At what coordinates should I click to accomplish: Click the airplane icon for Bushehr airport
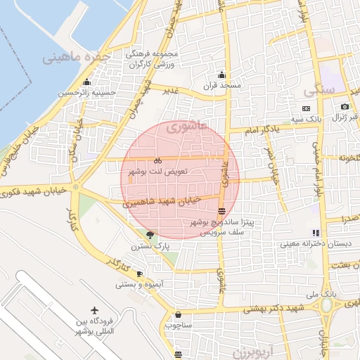95,310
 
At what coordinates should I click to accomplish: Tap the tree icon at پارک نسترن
149,235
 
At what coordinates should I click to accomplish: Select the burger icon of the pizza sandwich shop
222,210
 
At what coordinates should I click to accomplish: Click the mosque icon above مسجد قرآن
222,75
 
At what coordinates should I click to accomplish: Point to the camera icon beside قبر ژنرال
345,108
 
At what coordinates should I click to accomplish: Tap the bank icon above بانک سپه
306,108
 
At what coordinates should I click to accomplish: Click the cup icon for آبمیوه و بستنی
139,274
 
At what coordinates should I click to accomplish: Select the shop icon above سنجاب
177,314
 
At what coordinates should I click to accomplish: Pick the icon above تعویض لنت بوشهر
157,160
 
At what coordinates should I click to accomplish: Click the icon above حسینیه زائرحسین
86,82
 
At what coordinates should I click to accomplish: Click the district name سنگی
319,91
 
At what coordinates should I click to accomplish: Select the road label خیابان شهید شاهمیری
162,201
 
